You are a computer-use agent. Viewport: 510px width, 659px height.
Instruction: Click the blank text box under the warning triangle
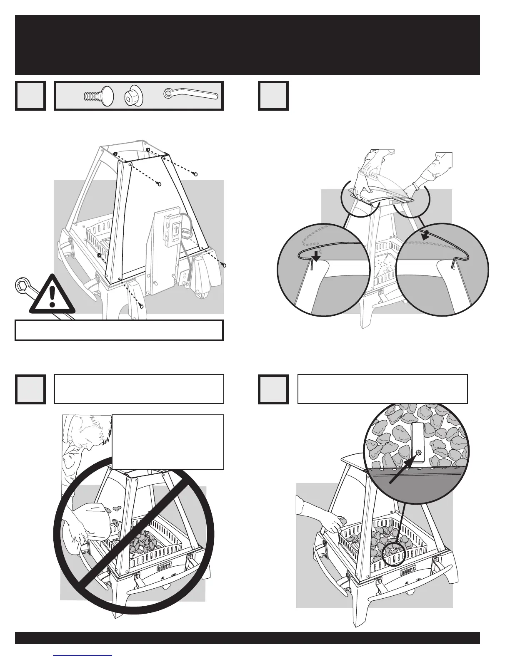[119, 330]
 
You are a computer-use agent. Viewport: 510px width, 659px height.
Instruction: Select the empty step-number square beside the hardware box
[30, 96]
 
